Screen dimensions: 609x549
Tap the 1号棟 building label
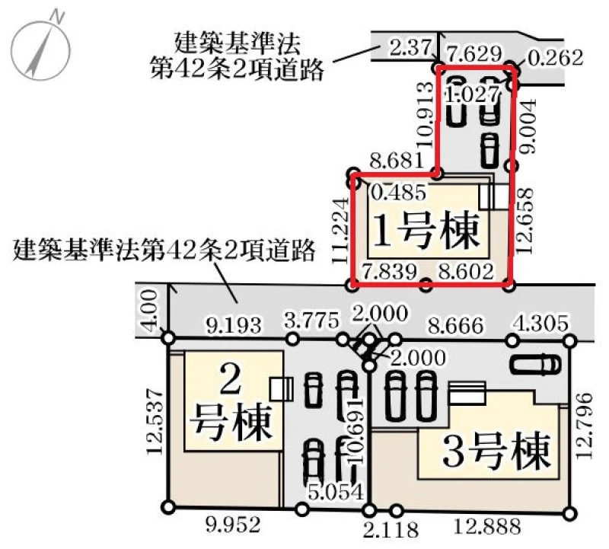coord(426,231)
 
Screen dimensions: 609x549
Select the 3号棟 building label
coord(497,451)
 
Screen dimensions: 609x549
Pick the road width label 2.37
coord(410,48)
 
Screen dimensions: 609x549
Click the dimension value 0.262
coord(556,58)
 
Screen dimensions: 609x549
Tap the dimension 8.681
coord(396,160)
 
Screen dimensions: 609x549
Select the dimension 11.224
coord(340,231)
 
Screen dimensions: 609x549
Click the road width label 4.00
coord(151,310)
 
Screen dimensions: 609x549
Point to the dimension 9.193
coord(233,325)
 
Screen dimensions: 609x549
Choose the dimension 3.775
coord(311,321)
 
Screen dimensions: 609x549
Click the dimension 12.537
coord(155,421)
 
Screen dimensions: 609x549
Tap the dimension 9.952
coord(233,525)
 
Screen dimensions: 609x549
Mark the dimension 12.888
coord(487,526)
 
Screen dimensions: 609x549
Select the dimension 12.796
coord(584,426)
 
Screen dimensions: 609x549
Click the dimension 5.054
coord(336,492)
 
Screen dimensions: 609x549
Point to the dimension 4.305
coord(540,323)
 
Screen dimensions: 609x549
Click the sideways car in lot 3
coord(537,365)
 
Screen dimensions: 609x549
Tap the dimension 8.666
coord(455,325)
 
